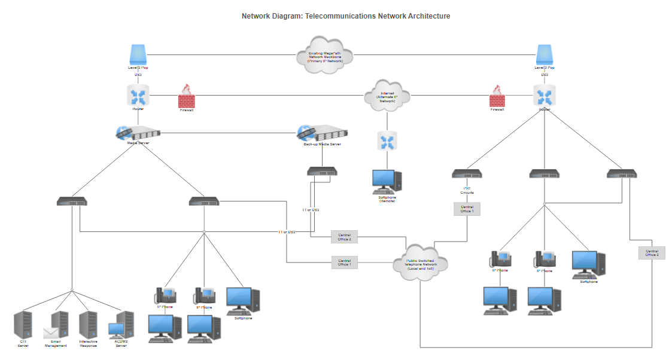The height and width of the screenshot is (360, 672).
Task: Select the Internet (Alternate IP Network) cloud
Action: pyautogui.click(x=387, y=95)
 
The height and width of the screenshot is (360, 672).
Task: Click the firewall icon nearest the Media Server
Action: pyautogui.click(x=187, y=95)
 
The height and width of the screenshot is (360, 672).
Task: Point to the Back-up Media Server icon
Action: pyautogui.click(x=322, y=134)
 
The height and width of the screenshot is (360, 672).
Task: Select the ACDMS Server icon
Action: pyautogui.click(x=121, y=325)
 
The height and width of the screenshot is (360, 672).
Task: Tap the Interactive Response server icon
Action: pyautogui.click(x=89, y=325)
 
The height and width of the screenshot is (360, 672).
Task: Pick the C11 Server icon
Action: pyautogui.click(x=23, y=325)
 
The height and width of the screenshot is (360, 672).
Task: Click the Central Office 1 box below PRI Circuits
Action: pyautogui.click(x=467, y=209)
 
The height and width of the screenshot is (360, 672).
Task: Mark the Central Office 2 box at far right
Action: pyautogui.click(x=652, y=253)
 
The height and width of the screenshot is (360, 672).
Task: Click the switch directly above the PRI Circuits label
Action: pyautogui.click(x=467, y=174)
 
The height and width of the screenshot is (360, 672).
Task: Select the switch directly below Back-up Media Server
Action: pyautogui.click(x=322, y=171)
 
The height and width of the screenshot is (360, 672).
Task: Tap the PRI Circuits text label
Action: pyautogui.click(x=467, y=190)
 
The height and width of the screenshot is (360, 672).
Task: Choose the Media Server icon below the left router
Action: pyautogui.click(x=138, y=134)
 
